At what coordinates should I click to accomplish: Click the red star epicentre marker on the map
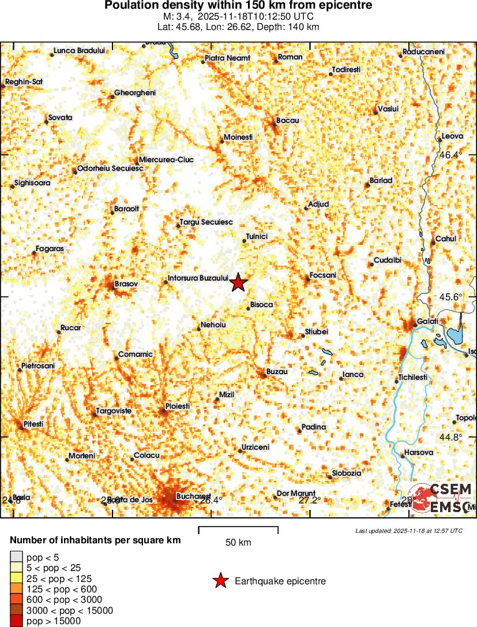coord(238,283)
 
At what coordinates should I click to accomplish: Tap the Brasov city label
coord(126,284)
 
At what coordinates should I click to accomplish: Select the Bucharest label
coord(193,497)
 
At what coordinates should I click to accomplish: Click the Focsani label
coord(322,275)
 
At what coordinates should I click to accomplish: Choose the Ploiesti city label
coord(178,406)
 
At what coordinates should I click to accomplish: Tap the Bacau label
coord(288,120)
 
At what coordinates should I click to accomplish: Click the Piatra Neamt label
coord(227,58)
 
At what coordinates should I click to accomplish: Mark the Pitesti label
coord(33,424)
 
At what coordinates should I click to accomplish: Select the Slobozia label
coord(346,473)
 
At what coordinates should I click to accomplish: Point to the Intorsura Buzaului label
coord(198,278)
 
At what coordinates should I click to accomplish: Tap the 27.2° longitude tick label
coord(310,500)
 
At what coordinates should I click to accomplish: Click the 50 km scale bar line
coord(238,527)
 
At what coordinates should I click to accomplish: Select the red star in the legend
coord(220,581)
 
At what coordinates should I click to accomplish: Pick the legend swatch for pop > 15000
coord(16,621)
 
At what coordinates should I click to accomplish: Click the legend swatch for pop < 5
coord(16,557)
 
